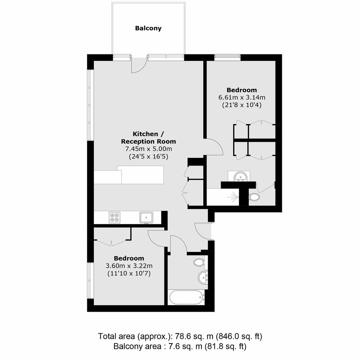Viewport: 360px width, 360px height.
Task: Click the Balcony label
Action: pyautogui.click(x=148, y=28)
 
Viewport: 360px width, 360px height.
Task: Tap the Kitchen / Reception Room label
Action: pyautogui.click(x=149, y=137)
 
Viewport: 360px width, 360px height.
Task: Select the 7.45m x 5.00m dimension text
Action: pyautogui.click(x=149, y=149)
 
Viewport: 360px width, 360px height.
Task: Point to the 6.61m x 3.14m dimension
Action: pyautogui.click(x=242, y=97)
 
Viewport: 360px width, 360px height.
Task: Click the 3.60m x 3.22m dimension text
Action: pyautogui.click(x=129, y=266)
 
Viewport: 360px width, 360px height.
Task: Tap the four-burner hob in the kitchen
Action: pyautogui.click(x=115, y=218)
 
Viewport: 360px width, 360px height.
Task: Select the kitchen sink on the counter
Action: pyautogui.click(x=146, y=218)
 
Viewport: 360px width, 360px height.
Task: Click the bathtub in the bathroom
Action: pyautogui.click(x=186, y=297)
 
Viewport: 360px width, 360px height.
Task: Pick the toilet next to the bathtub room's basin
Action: pyautogui.click(x=199, y=262)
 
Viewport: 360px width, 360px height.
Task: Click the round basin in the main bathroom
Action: pyautogui.click(x=203, y=277)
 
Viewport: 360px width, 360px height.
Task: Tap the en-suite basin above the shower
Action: pyautogui.click(x=240, y=177)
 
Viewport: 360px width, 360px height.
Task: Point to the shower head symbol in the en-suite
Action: pyautogui.click(x=234, y=197)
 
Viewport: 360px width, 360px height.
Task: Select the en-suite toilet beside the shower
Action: pyautogui.click(x=254, y=197)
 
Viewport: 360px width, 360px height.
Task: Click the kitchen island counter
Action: pyautogui.click(x=129, y=175)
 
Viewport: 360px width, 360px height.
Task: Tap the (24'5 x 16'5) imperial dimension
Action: pyautogui.click(x=149, y=157)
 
